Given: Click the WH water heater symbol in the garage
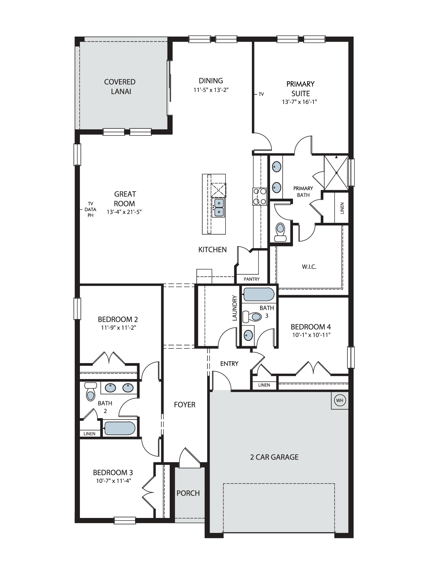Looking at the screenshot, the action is point(340,400).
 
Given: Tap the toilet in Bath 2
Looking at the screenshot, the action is point(91,392).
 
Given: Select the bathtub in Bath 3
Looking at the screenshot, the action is point(259,294).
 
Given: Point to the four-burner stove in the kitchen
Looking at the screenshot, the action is point(260,196).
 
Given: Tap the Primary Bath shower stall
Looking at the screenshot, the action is point(336,173).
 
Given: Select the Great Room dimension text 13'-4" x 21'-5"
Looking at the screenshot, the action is point(124,212).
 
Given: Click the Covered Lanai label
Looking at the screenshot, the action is point(120,86).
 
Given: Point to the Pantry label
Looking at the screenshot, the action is point(252,279).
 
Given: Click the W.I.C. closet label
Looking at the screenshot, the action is point(309,267).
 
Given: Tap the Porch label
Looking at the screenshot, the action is point(188,493).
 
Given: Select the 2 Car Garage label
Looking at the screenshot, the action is point(274,457).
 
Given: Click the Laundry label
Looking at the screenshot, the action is point(235,308).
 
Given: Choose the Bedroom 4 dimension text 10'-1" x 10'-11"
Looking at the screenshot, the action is point(311,335).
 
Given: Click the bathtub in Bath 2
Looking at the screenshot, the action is point(120,428).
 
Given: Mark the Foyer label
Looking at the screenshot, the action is point(185,405).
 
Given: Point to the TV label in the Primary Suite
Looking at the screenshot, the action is point(261,94).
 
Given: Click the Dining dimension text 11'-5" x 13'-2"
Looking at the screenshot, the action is point(211,90).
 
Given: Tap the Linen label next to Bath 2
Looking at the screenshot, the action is point(90,434).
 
